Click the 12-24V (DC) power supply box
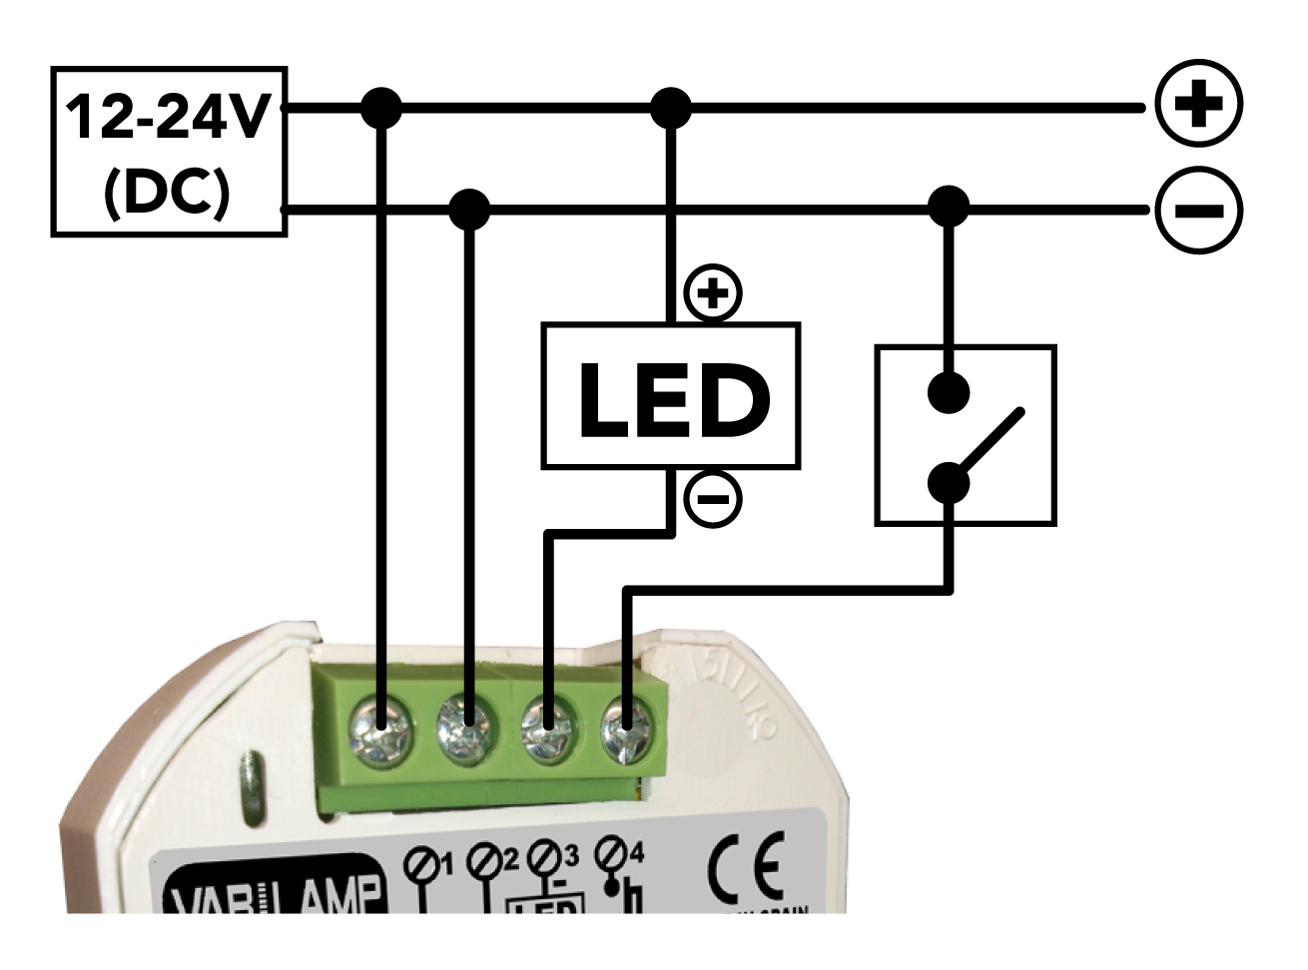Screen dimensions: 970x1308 169,152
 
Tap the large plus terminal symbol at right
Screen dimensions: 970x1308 1198,104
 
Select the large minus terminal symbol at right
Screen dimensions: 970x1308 1198,211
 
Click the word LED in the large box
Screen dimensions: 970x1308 672,399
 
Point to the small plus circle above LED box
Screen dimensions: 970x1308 713,294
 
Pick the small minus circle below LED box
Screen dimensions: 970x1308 713,498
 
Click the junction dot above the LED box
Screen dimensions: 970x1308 671,108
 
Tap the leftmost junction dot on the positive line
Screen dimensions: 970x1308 380,108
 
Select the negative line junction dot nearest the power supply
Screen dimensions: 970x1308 469,210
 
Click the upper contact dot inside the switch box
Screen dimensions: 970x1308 949,393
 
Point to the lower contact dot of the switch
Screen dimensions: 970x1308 949,484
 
